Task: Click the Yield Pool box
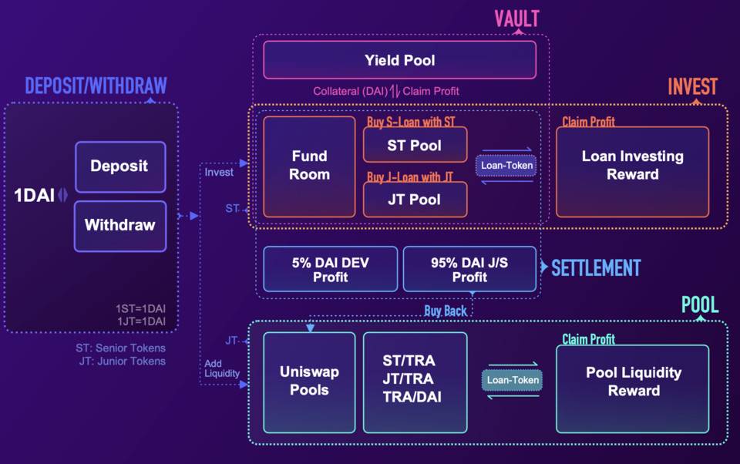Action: coord(399,60)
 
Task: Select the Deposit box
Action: coord(119,166)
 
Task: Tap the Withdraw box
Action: coord(119,226)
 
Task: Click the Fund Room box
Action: coord(310,166)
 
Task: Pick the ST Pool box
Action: coord(415,145)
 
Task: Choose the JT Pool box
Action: coord(415,200)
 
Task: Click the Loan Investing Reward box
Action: coord(632,165)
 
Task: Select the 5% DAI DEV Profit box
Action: coord(330,270)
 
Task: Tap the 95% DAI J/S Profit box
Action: coord(469,270)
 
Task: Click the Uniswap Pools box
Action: coord(309,382)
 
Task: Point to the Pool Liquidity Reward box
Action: coord(633,382)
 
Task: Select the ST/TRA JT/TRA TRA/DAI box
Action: coord(415,379)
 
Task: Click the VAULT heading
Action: coord(516,19)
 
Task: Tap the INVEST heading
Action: coord(692,86)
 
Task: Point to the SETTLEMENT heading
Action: coord(595,268)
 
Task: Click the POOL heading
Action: coord(700,304)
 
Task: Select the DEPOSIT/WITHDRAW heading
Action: coord(96,86)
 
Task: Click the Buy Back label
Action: coord(446,311)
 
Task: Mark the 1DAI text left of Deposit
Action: coord(35,196)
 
